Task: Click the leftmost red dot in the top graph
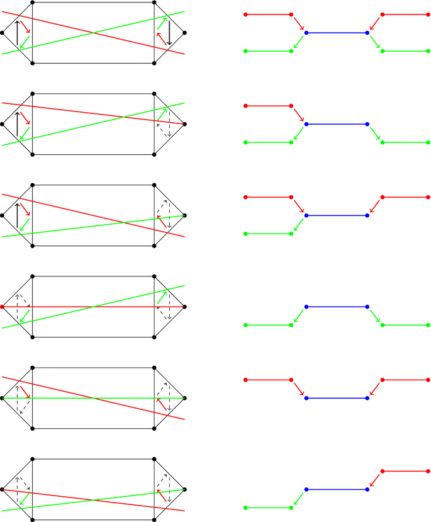point(245,14)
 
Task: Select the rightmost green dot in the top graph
point(428,51)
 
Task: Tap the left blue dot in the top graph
point(306,33)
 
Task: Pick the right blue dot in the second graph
point(367,124)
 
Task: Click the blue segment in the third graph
point(336,215)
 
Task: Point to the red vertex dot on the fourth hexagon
point(3,307)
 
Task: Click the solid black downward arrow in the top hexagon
point(169,33)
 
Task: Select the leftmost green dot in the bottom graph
point(245,508)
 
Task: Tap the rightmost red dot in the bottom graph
point(428,471)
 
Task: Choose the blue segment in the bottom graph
point(336,489)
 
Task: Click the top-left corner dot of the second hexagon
point(32,94)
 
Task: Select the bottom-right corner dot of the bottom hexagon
point(155,519)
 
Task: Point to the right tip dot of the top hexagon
point(184,33)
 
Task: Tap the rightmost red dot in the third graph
point(428,197)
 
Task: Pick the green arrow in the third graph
point(298,225)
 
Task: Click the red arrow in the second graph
point(298,115)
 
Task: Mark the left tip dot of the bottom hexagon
point(3,489)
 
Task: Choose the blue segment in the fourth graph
point(336,307)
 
